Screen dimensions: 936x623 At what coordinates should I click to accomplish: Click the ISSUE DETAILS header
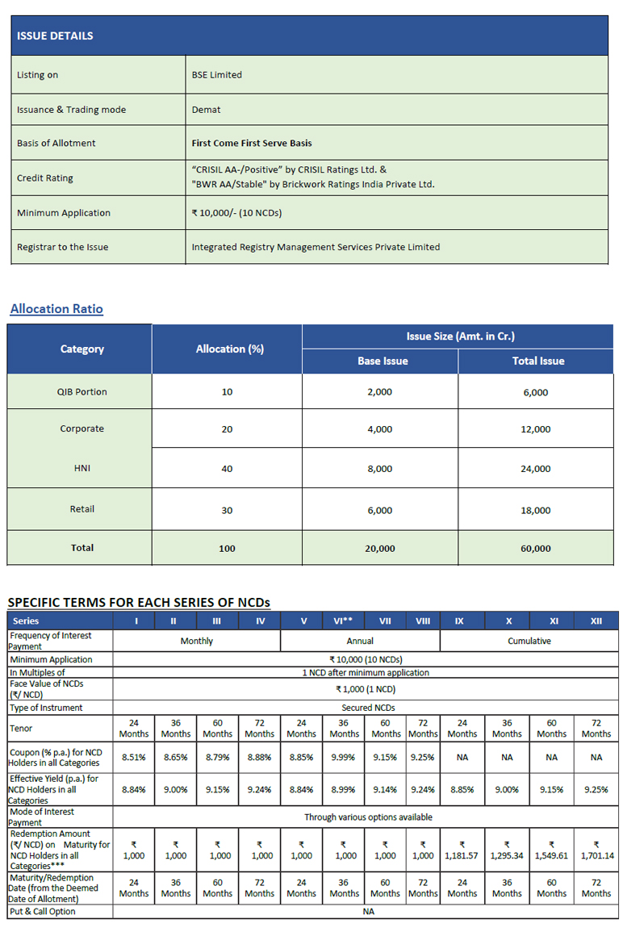point(55,36)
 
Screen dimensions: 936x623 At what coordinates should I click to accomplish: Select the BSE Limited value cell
point(216,75)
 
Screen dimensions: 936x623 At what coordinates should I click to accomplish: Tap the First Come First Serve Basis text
point(251,144)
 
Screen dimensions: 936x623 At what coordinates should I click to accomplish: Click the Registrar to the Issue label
point(62,247)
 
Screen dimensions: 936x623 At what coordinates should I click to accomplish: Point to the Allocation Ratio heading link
point(56,309)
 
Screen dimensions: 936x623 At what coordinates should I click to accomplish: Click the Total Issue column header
point(537,361)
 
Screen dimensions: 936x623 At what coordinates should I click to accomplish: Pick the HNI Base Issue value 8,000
point(379,469)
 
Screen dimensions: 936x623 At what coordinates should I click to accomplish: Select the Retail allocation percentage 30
point(227,510)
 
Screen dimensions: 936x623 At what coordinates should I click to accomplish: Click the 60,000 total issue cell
point(536,549)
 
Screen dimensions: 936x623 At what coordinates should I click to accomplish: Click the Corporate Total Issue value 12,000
point(536,429)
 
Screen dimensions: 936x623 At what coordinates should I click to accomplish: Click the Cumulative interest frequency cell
point(529,641)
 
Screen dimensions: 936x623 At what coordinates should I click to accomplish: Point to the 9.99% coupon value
point(344,758)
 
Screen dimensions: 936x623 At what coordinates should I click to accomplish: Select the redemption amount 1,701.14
point(596,855)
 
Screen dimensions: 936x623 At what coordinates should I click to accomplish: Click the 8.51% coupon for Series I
point(133,758)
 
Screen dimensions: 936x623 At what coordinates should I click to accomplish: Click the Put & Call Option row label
point(43,911)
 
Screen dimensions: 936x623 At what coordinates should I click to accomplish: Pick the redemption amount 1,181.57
point(462,855)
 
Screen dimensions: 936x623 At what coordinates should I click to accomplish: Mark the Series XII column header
point(596,621)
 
